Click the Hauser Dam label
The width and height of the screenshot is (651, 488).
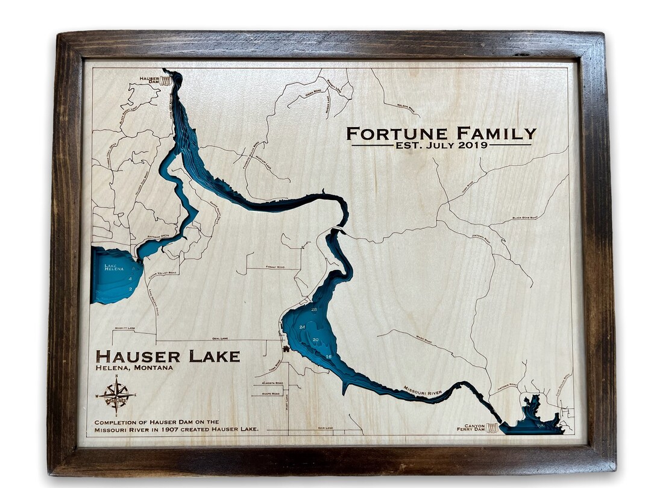coord(148,80)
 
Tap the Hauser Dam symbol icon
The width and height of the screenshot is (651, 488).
coord(165,80)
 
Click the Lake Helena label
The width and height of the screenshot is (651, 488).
coord(114,267)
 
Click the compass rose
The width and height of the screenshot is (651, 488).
coord(116,396)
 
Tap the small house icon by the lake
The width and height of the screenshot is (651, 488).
coord(286,348)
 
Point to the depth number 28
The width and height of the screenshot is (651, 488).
coord(314,309)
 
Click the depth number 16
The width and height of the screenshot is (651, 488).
coord(329,357)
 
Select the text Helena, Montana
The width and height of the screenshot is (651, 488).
coord(134,368)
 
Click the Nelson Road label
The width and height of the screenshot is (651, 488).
coord(407,108)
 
